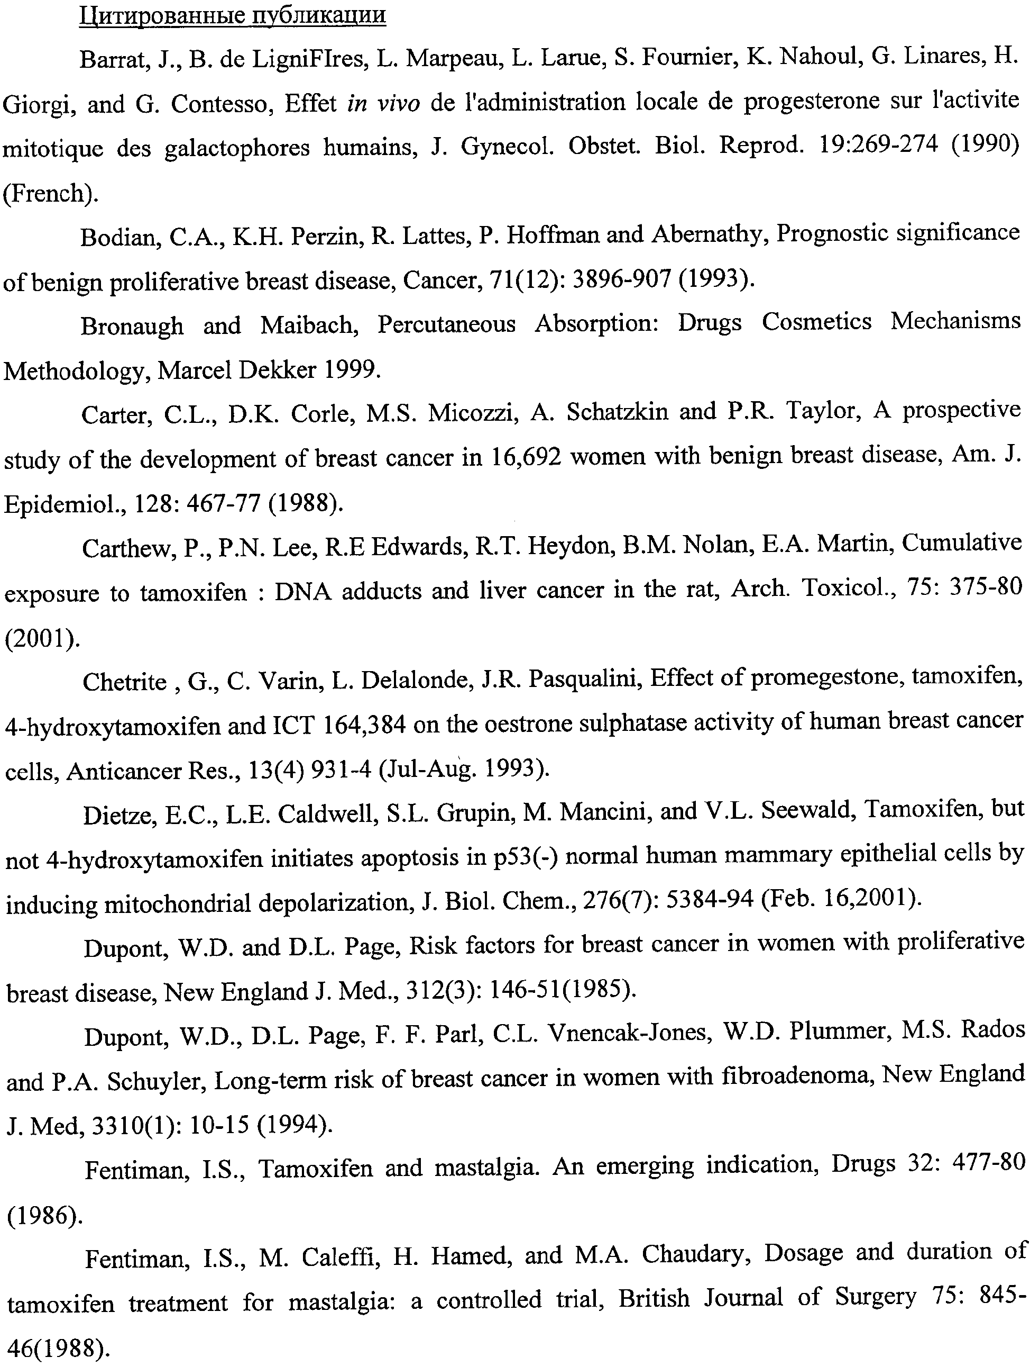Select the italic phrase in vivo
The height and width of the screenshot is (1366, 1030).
tap(384, 103)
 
